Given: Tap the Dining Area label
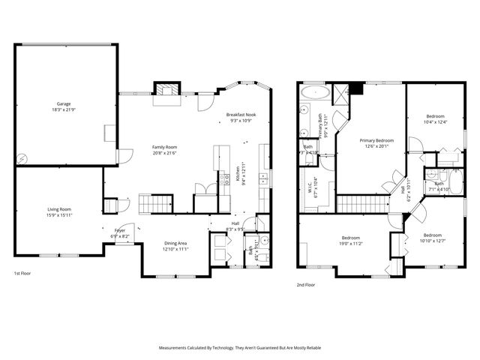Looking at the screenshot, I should pos(176,243).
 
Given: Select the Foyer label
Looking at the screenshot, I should pos(120,230).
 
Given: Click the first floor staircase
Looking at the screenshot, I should pos(155,202).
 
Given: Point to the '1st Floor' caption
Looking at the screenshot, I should pos(22,274).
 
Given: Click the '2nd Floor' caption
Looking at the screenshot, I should pos(305,285).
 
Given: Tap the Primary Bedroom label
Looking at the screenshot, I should pos(376,140).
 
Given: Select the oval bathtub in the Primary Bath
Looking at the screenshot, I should pos(310,93).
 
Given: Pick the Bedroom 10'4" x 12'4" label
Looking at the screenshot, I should pos(436,116).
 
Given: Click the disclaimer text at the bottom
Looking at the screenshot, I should pos(239,348).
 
